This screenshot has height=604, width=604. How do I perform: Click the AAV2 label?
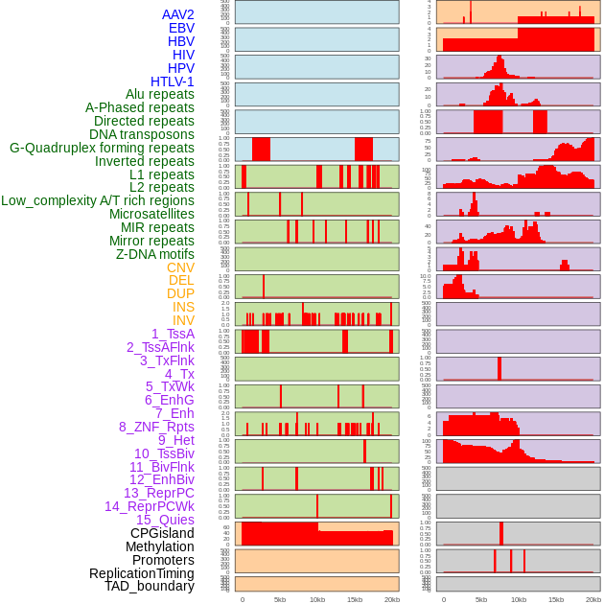click(178, 14)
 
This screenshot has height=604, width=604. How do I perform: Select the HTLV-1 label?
click(173, 81)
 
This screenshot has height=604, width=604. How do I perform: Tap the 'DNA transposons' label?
click(142, 135)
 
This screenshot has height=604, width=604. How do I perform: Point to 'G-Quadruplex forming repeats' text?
click(102, 149)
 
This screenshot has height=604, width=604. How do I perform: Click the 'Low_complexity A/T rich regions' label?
click(98, 200)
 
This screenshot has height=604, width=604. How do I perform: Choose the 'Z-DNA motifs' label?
click(155, 254)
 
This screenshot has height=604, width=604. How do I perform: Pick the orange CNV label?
click(180, 267)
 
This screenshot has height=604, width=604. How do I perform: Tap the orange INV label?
click(183, 320)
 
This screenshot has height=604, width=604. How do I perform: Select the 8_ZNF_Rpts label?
click(156, 427)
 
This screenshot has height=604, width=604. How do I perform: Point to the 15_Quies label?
click(165, 520)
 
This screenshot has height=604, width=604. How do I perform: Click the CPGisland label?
click(162, 533)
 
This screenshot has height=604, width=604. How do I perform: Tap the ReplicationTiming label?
click(142, 573)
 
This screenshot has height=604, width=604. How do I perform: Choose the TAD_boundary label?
click(150, 586)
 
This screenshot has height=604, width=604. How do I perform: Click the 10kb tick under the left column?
click(316, 599)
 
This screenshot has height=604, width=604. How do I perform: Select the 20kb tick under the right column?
click(593, 599)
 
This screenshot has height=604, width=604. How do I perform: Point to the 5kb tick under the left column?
click(279, 599)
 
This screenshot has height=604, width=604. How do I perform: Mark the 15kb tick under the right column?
click(556, 599)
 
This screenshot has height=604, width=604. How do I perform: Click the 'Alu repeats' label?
click(160, 94)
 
